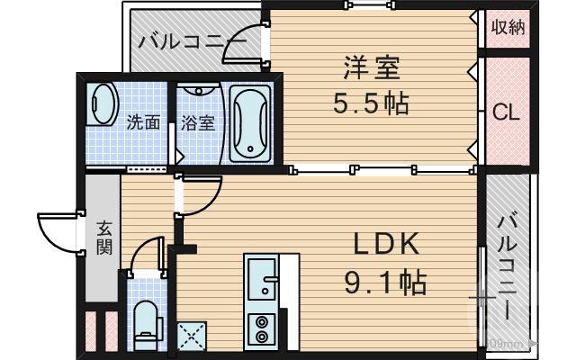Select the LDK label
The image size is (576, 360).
pos(385,246)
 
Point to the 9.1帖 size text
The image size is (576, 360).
pos(386,283)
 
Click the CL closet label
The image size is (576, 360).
pos(506,112)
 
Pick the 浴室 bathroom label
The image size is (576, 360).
pos(198,122)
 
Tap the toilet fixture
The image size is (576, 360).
pos(145,325)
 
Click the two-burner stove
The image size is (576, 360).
pos(262,328)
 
